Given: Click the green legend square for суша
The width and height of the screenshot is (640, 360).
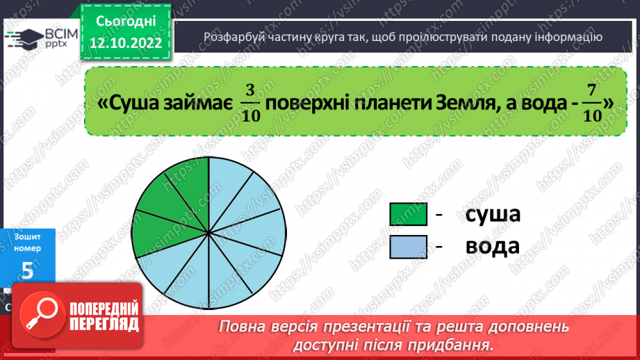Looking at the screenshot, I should [x=408, y=215].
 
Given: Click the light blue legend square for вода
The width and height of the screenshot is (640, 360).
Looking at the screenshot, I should [x=408, y=247].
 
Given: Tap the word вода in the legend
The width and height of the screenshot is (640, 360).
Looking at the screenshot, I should [x=493, y=247].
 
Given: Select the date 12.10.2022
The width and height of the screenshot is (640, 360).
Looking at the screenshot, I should [x=126, y=43].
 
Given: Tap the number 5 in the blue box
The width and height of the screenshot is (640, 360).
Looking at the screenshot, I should [x=27, y=270].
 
